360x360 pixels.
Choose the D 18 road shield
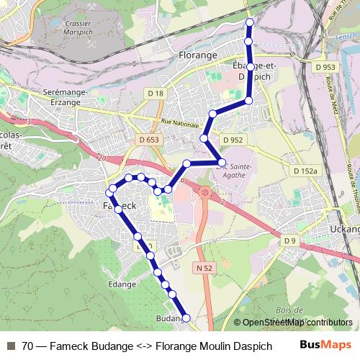click(156, 93)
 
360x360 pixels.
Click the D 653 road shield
click(150, 140)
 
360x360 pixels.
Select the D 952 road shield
click(233, 140)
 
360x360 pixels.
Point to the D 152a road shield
click(305, 171)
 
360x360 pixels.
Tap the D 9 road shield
click(289, 240)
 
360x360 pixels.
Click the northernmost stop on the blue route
click(250, 23)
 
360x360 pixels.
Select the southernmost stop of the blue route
click(185, 318)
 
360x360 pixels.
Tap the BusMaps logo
click(320, 346)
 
